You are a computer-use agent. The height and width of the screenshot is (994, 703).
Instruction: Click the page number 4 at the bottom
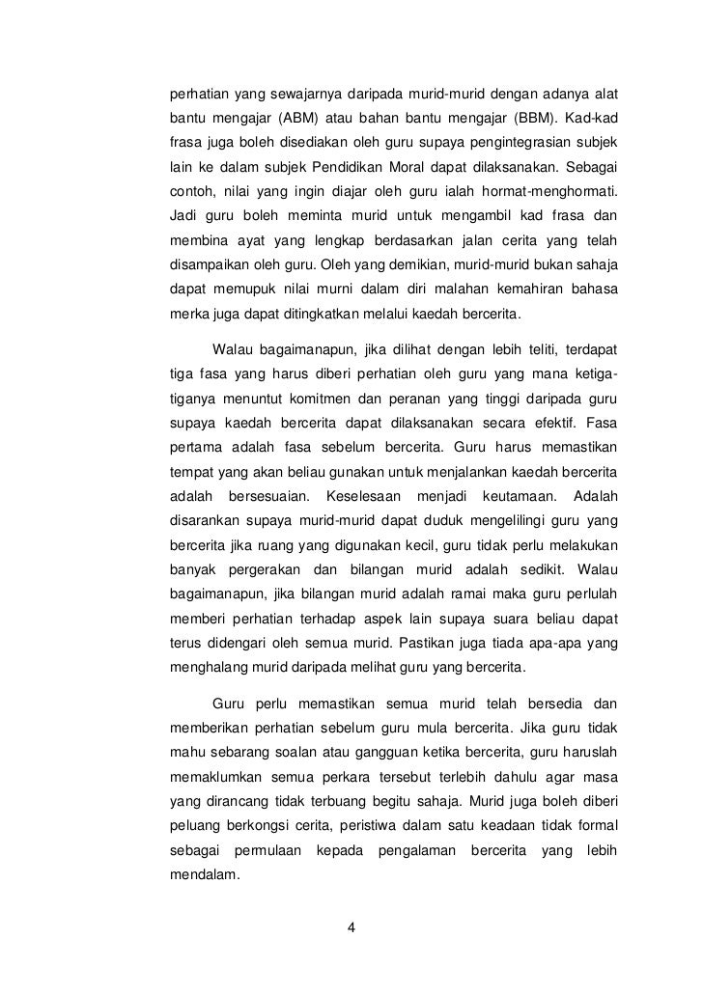(351, 928)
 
